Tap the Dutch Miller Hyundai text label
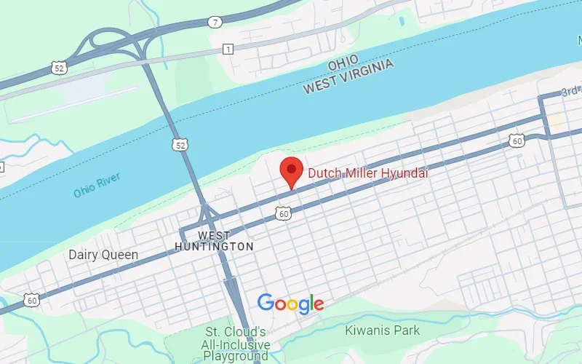(367, 173)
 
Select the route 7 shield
(214, 22)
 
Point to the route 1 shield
(228, 49)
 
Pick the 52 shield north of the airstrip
(60, 67)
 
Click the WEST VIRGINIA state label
(349, 76)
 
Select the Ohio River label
(96, 185)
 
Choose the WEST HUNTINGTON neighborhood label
(214, 241)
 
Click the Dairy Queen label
(103, 255)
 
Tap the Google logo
(290, 304)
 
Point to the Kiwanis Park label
(383, 330)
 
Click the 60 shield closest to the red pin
(284, 213)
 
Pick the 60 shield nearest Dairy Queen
(31, 299)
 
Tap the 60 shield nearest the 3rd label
(516, 139)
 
